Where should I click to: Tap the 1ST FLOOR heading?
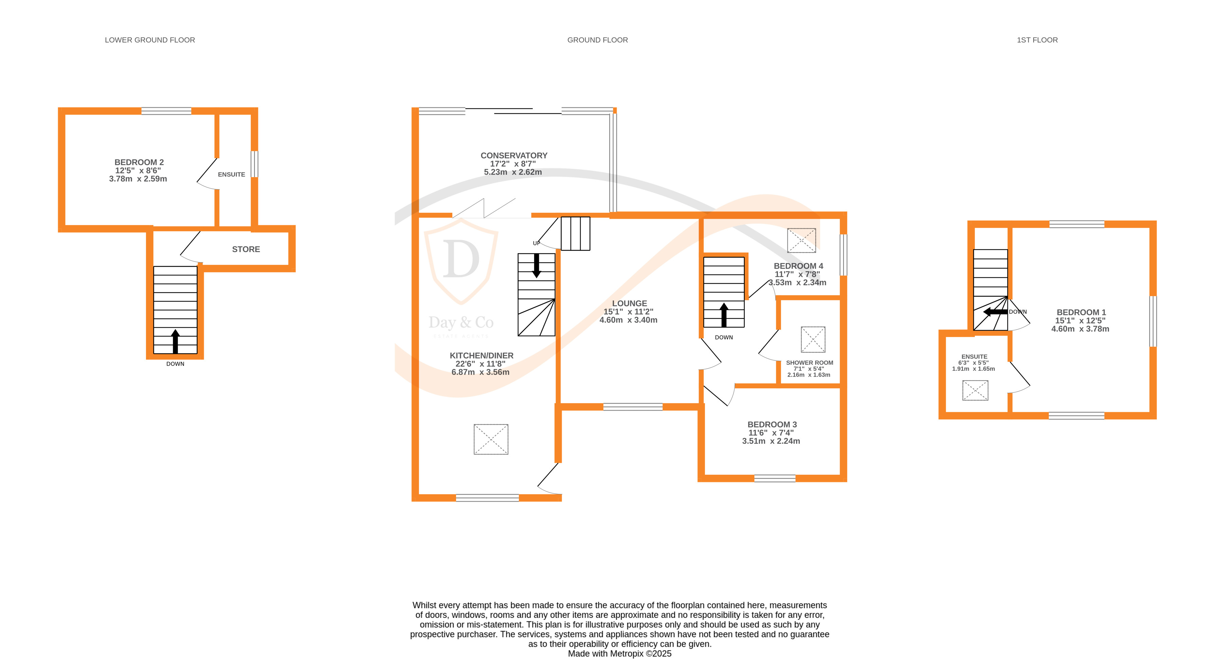pos(1037,40)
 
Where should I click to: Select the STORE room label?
pos(246,249)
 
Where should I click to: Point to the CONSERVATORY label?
pos(514,156)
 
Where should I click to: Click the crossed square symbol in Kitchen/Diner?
pos(491,439)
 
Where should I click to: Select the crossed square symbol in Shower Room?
pos(813,340)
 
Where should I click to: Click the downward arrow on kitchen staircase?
pos(536,266)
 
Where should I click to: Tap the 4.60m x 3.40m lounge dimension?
pos(628,320)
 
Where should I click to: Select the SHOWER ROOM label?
pos(809,363)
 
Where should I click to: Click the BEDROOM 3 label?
pos(772,424)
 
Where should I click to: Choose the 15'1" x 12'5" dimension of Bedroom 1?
pos(1080,320)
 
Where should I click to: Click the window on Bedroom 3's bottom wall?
pos(775,478)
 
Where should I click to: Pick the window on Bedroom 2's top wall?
pos(166,111)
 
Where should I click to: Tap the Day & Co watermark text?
pos(461,323)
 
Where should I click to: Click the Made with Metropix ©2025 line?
pos(619,653)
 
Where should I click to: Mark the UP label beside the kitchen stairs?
pos(536,243)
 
